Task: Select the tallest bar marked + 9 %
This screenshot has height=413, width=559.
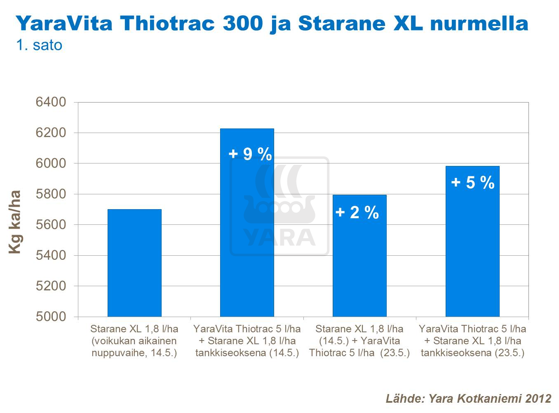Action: (x=247, y=231)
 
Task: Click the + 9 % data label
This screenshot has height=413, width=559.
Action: (x=250, y=154)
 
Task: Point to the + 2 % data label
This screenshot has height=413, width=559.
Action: (x=357, y=212)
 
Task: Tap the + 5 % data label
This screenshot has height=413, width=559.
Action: (x=473, y=182)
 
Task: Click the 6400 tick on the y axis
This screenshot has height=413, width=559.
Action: (x=51, y=102)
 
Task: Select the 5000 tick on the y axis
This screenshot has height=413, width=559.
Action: (x=51, y=316)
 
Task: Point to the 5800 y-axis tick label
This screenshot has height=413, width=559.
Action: (x=51, y=194)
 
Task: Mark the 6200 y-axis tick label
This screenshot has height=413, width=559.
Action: (x=51, y=133)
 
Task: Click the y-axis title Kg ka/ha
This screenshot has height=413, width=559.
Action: (x=15, y=222)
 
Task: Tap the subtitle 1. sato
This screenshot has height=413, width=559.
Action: (x=39, y=45)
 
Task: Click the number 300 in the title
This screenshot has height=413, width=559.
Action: (x=242, y=23)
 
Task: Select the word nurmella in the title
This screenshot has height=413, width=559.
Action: (x=479, y=23)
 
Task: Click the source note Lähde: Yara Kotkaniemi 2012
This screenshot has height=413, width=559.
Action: (x=468, y=398)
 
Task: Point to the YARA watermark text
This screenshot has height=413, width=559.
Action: (x=279, y=238)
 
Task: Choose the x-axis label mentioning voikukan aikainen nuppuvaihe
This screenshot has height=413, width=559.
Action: (x=134, y=341)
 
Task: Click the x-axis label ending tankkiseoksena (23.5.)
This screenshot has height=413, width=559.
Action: (x=472, y=341)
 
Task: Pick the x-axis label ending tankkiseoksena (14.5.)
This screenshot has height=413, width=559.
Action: (x=247, y=341)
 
